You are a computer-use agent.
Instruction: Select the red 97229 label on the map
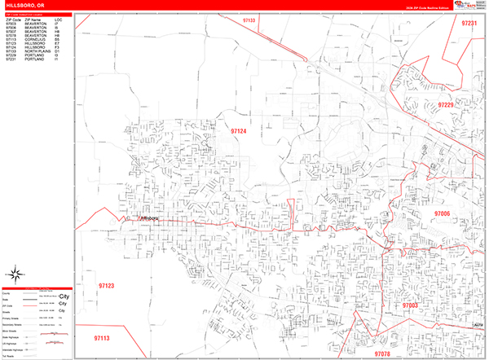445,105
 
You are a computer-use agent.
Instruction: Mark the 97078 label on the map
384,354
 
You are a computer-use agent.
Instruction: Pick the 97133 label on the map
249,20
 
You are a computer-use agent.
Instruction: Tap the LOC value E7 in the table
57,44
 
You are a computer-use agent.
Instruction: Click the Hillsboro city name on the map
152,218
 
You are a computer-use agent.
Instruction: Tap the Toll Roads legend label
9,356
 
